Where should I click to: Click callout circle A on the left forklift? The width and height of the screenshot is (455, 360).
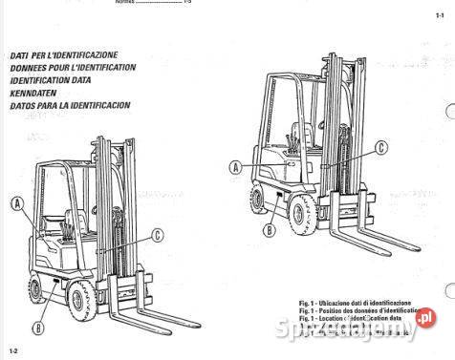[x=17, y=203]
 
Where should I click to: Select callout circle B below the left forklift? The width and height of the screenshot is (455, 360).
[x=37, y=328]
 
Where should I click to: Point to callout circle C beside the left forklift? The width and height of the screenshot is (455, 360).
[x=157, y=236]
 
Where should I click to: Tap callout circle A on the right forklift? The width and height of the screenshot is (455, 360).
[x=235, y=167]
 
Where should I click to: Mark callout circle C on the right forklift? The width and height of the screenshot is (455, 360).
[x=380, y=147]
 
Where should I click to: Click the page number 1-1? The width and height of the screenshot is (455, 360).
[x=438, y=17]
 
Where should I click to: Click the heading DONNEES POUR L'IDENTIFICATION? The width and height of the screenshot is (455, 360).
[x=71, y=68]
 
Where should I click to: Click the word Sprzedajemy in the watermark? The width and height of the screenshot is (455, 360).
[x=358, y=331]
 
